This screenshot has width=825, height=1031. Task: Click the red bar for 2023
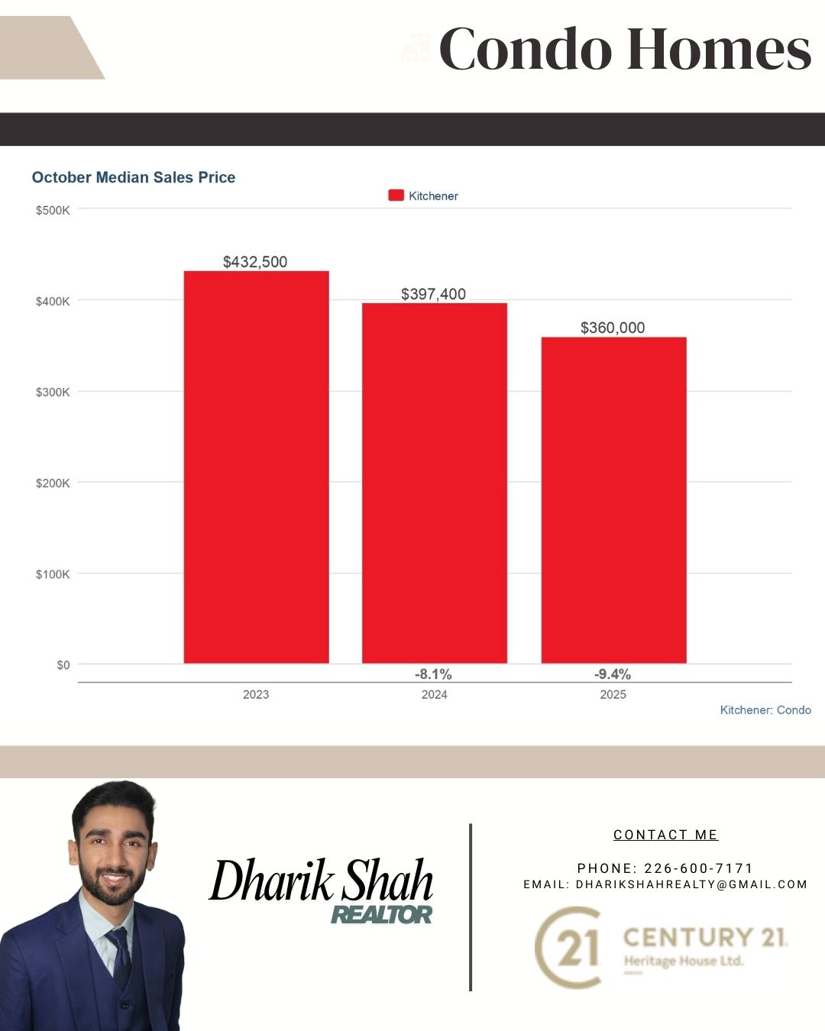256,467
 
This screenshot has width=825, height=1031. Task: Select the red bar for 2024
434,483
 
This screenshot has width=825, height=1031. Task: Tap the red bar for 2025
613,499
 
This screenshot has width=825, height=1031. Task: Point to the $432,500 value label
255,262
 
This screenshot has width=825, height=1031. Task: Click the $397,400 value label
433,294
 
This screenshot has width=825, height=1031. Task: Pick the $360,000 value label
613,328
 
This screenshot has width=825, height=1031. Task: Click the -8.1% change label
433,674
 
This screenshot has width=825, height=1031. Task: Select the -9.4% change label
613,674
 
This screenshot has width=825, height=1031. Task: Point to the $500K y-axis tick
53,210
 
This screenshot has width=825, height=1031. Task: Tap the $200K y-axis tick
53,483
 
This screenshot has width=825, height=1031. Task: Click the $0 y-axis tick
63,665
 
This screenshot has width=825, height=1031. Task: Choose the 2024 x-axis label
434,694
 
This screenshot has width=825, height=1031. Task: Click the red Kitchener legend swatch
396,196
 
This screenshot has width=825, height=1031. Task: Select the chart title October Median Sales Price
134,177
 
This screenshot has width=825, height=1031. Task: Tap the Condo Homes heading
624,50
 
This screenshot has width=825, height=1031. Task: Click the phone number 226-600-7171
699,868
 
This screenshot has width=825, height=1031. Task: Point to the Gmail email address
691,884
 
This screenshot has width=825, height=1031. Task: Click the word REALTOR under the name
381,914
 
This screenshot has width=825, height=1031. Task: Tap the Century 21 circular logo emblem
568,947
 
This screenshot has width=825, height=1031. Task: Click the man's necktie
121,958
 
